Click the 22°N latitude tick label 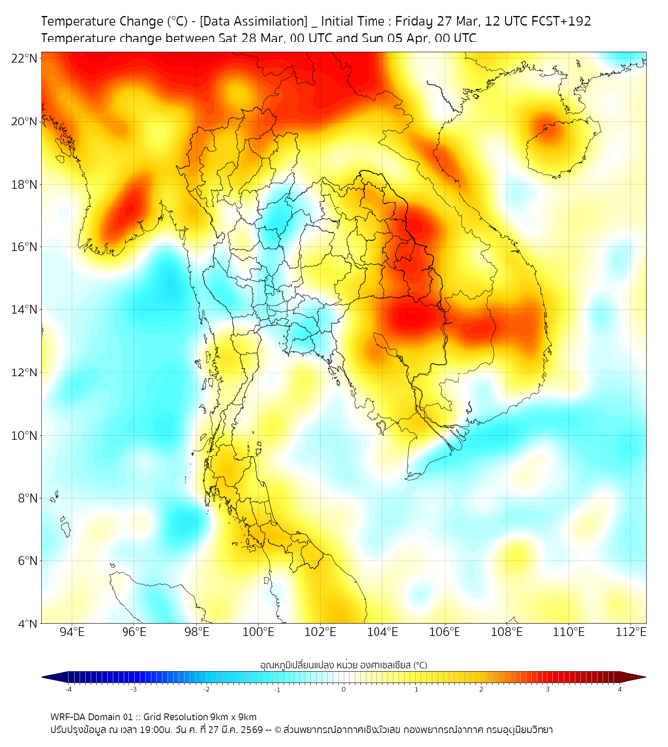25,58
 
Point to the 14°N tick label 25,309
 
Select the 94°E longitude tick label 72,632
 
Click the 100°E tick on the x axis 259,632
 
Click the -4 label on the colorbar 67,689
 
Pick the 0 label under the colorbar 345,689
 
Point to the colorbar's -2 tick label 206,689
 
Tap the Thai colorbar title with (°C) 343,665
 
